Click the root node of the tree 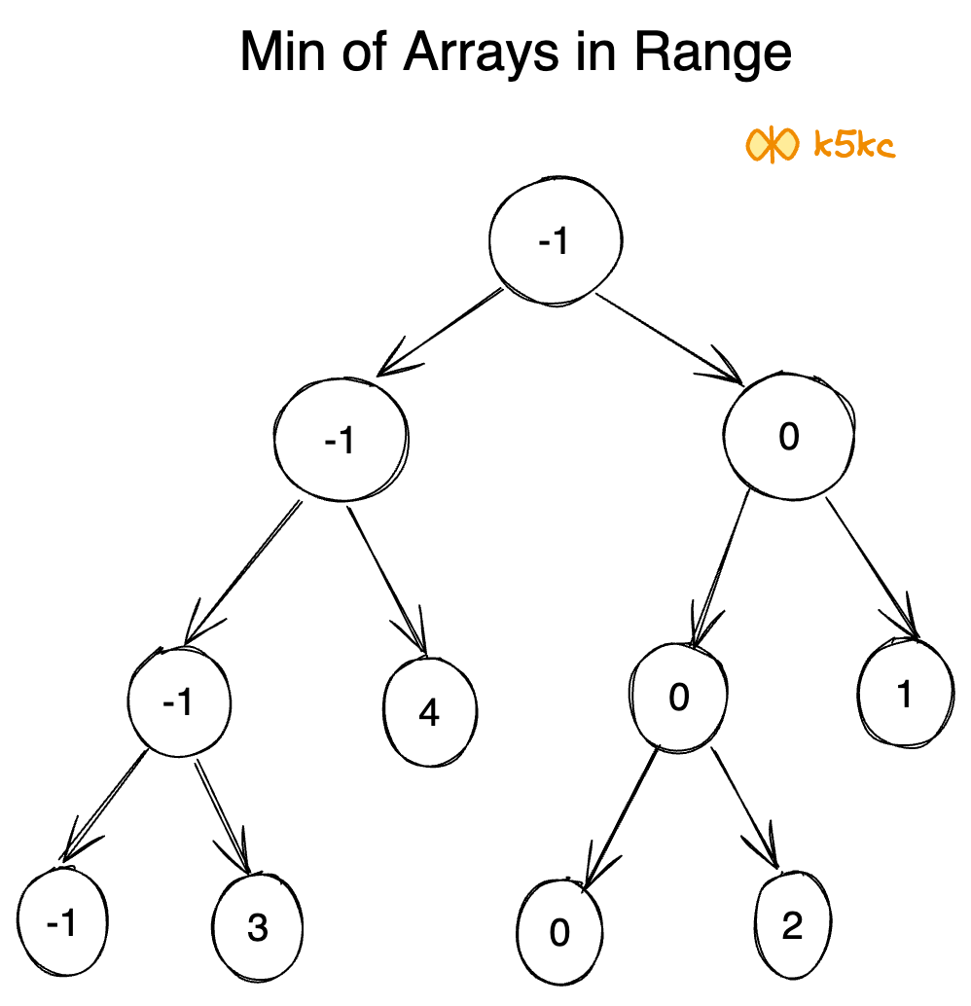coord(555,242)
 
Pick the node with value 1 coord(904,696)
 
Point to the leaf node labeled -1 coord(61,922)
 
